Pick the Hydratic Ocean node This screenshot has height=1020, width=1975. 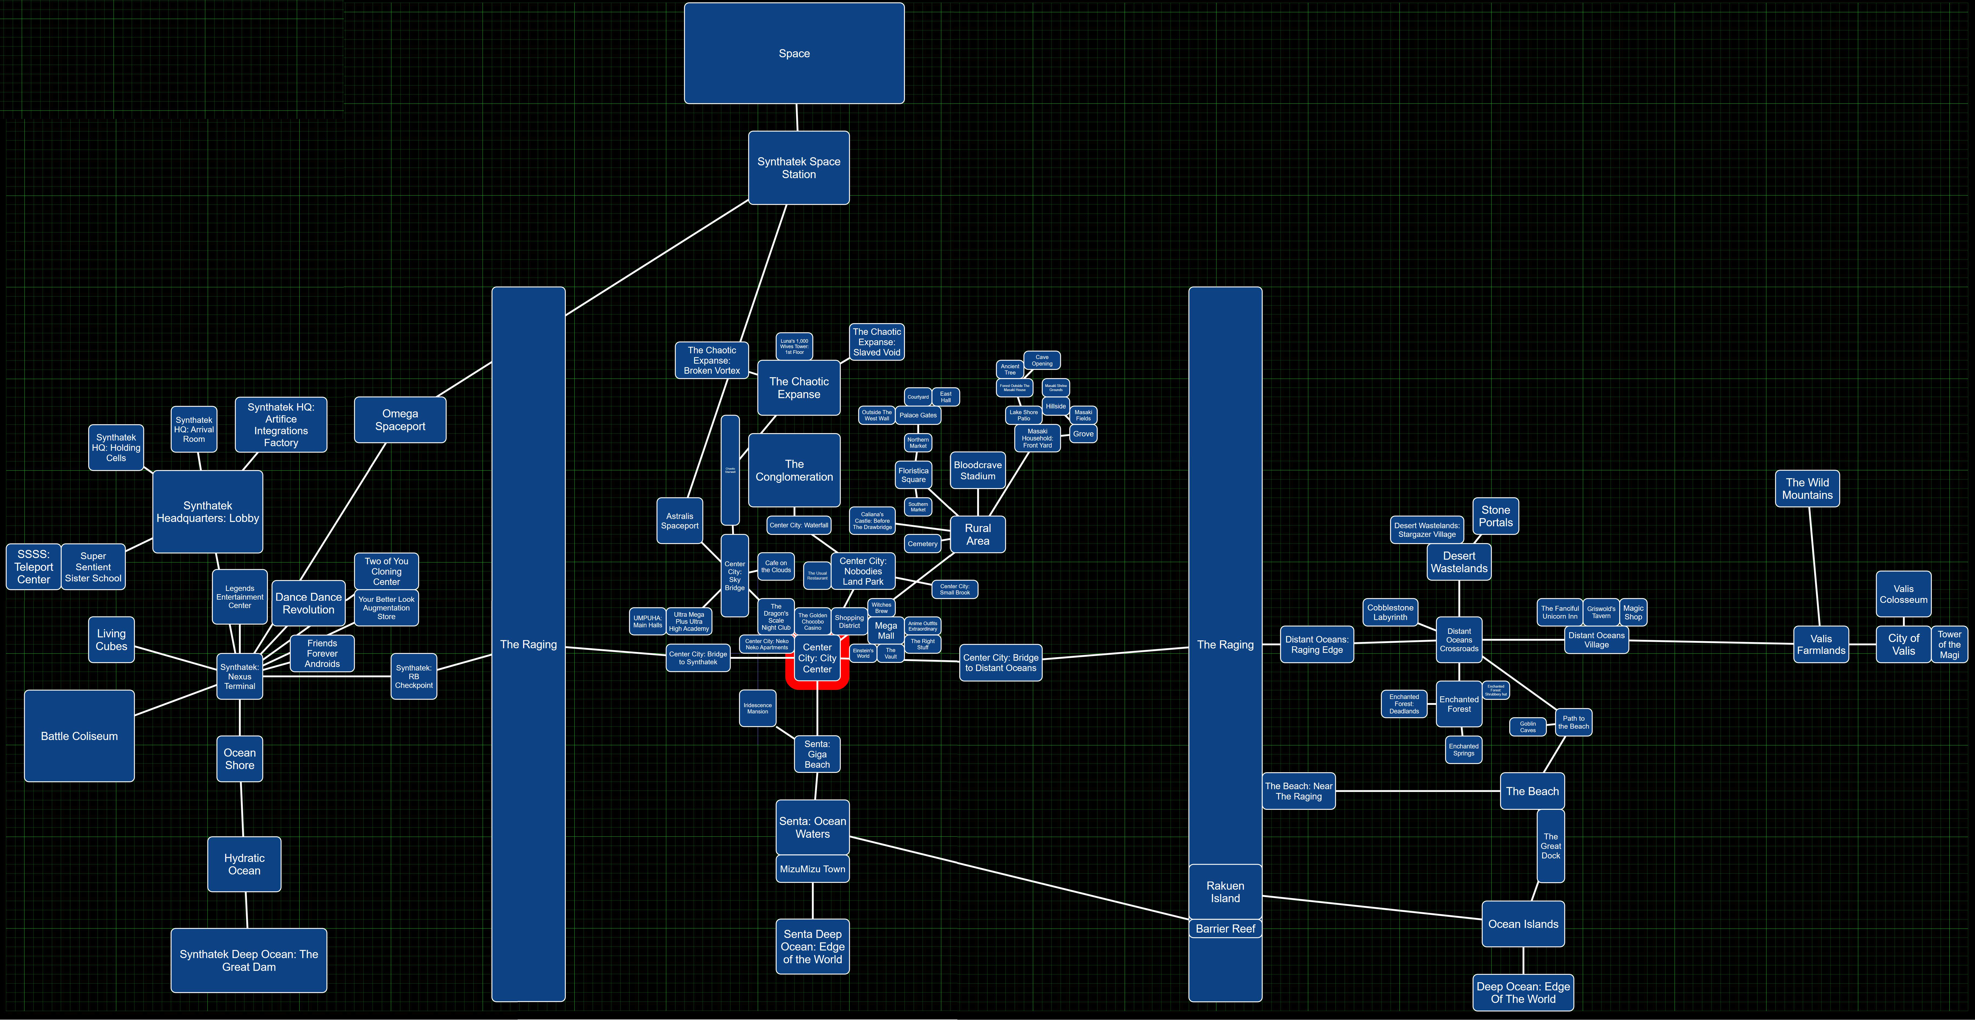(x=244, y=864)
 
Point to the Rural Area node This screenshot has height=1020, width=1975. (x=977, y=534)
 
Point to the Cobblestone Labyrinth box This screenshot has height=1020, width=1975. (x=1390, y=612)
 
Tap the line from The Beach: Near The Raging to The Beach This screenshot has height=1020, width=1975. (x=1417, y=791)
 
